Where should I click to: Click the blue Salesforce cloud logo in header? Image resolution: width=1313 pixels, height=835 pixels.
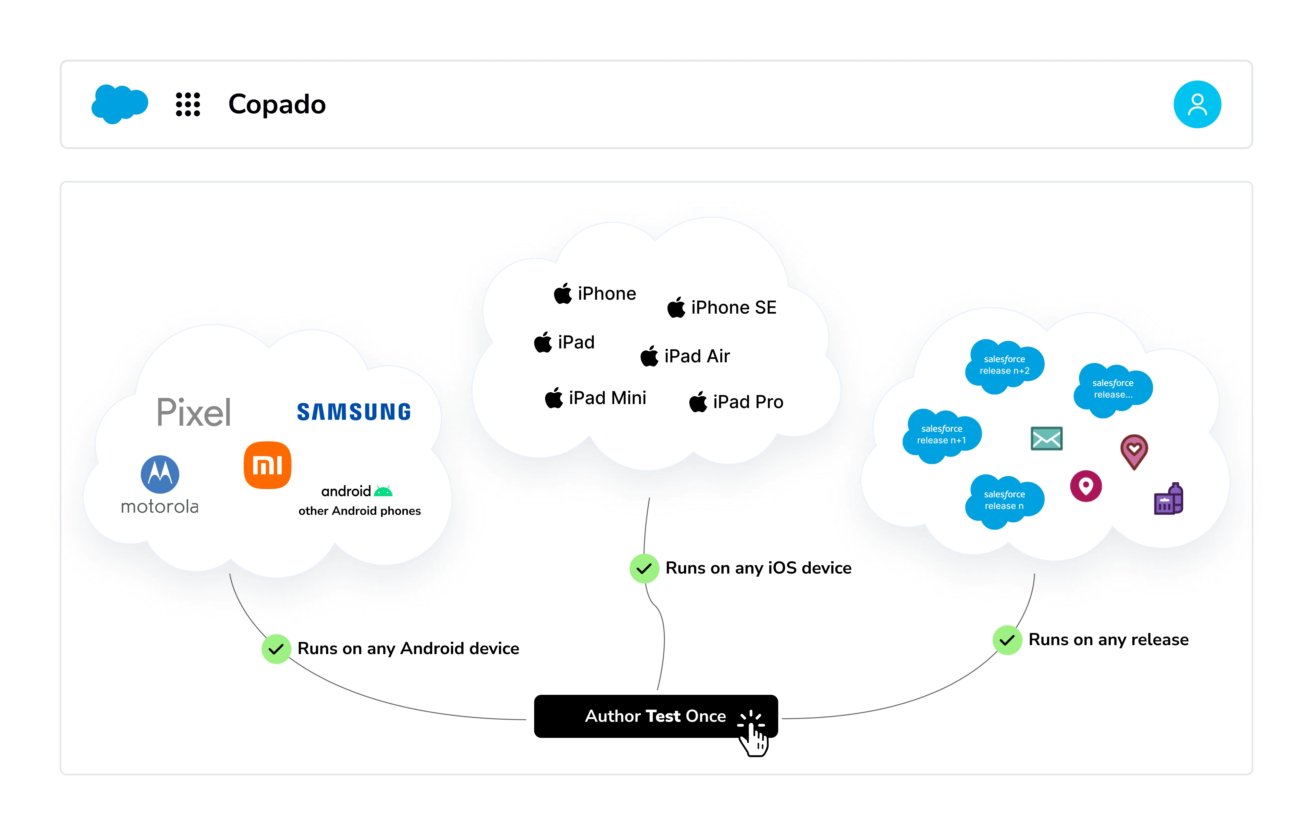coord(119,104)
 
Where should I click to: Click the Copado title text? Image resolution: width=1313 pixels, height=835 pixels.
coord(277,104)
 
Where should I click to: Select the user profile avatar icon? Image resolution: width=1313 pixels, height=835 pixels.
coord(1197,104)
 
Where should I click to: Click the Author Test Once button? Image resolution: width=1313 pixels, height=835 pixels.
coord(656,716)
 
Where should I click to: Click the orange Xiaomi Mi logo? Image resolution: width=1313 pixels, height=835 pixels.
coord(267,465)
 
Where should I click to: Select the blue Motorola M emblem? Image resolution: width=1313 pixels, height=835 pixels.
coord(160,474)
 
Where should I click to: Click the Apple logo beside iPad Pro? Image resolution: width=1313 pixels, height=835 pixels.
coord(698,402)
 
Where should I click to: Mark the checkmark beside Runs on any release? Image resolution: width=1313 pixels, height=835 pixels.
coord(1007,640)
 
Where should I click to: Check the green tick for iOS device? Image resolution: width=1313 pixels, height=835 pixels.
coord(644,569)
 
